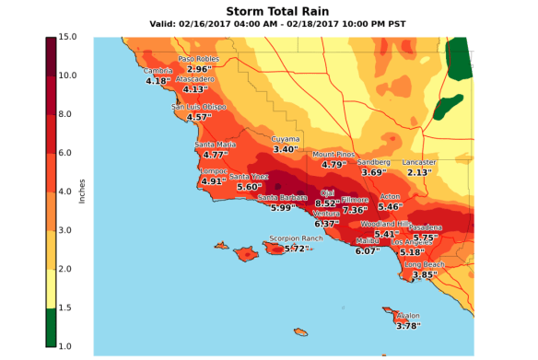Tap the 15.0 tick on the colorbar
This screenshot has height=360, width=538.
point(68,38)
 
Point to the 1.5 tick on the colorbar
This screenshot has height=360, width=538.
point(68,308)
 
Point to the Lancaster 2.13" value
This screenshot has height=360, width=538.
point(419,172)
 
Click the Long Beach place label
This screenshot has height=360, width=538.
point(425,264)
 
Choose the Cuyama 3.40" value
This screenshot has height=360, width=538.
point(287,149)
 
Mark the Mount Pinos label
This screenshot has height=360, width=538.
point(333,155)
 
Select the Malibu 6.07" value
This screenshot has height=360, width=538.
point(368,250)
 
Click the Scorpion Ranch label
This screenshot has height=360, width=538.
point(296,238)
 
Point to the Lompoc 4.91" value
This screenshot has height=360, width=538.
point(213,181)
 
